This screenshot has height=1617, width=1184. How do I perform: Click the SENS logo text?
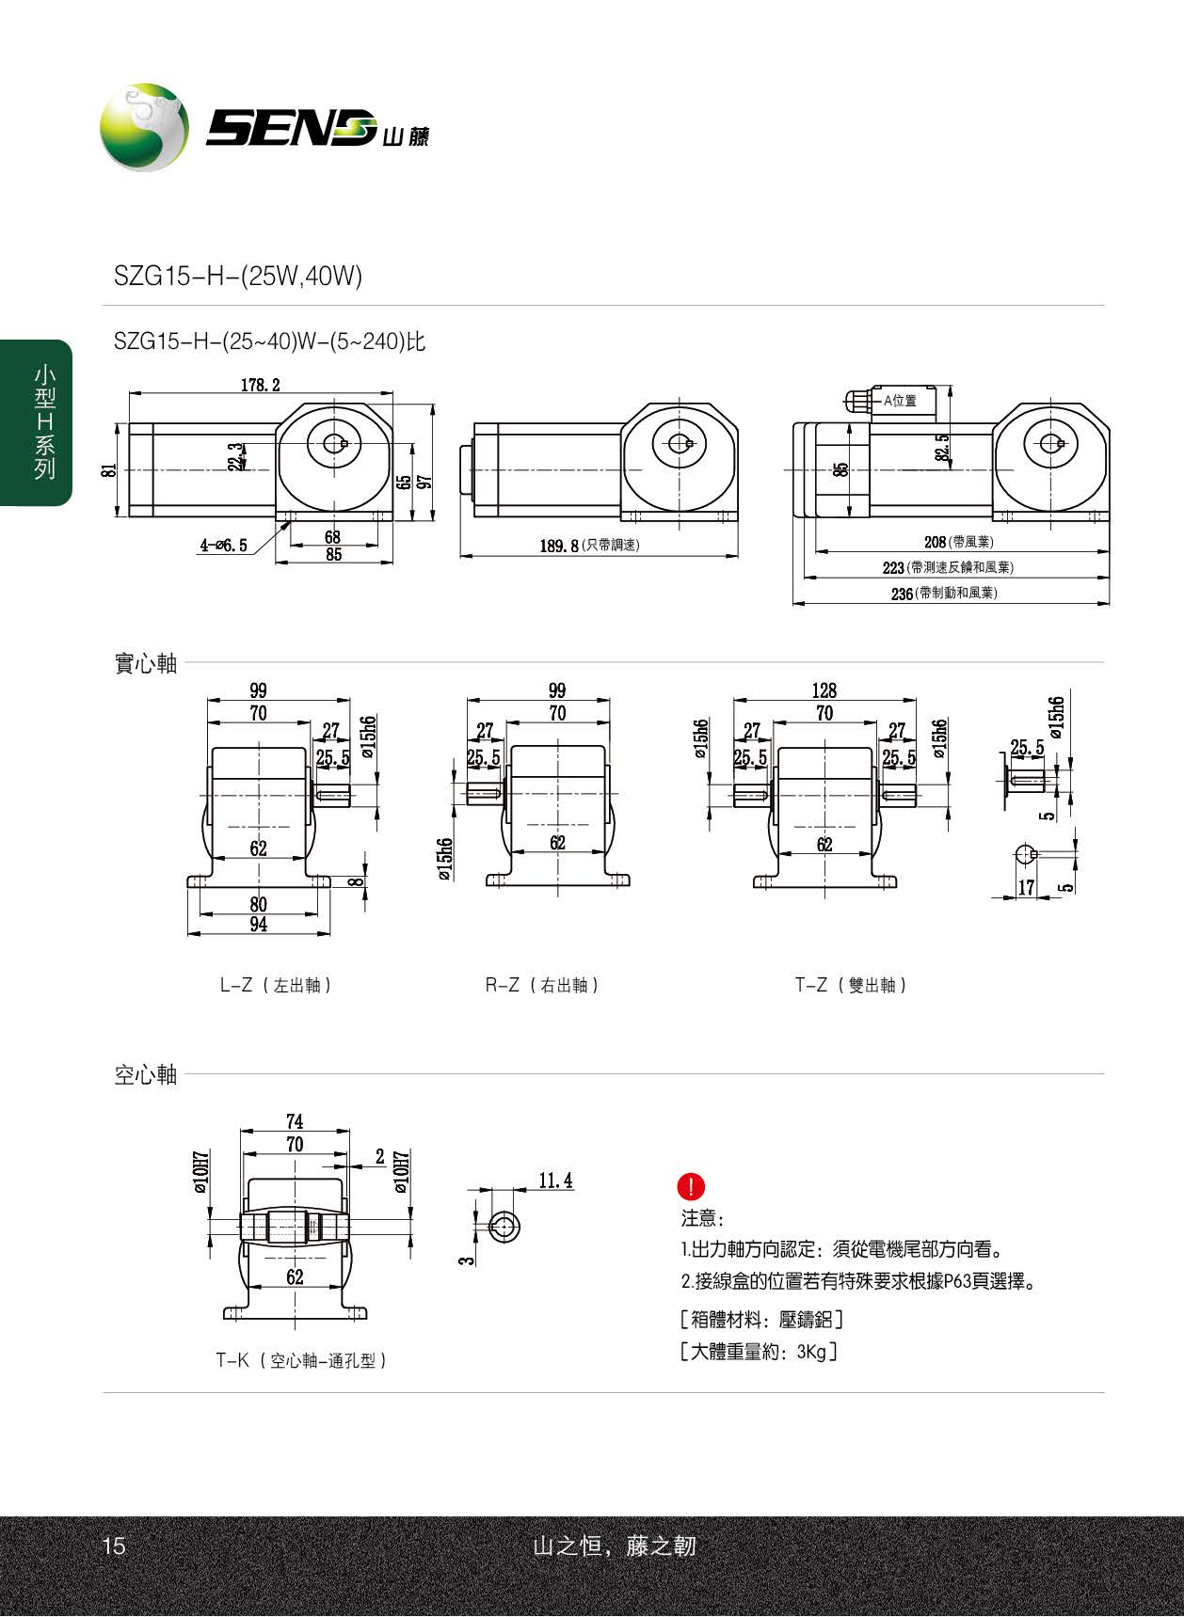[x=292, y=128]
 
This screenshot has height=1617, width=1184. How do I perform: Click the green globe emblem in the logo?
[x=144, y=127]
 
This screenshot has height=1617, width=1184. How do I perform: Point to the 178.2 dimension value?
[x=261, y=385]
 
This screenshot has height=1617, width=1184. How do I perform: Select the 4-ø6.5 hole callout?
[x=223, y=545]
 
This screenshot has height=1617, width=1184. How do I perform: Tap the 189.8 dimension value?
[x=559, y=546]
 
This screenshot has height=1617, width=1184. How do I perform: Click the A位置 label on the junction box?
[x=900, y=401]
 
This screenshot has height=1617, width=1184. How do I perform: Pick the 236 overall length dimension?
[x=902, y=594]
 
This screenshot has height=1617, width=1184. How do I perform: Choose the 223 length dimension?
[x=892, y=568]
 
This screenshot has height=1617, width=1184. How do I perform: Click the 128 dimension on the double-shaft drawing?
[x=824, y=690]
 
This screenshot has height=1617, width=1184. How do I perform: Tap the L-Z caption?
[x=275, y=985]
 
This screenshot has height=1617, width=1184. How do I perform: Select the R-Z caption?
[x=541, y=985]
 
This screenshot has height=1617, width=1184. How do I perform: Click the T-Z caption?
[x=851, y=985]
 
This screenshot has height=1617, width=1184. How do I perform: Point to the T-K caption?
[x=301, y=1360]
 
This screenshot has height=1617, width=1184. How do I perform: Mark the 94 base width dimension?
[x=258, y=925]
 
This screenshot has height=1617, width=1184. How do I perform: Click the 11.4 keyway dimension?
[x=555, y=1181]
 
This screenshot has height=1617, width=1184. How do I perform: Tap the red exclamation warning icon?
[x=691, y=1186]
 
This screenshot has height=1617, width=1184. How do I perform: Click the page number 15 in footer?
[x=113, y=1546]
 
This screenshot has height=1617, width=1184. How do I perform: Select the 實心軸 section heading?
[x=146, y=663]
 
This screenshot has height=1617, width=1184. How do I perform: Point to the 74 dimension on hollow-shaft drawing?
[x=295, y=1121]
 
